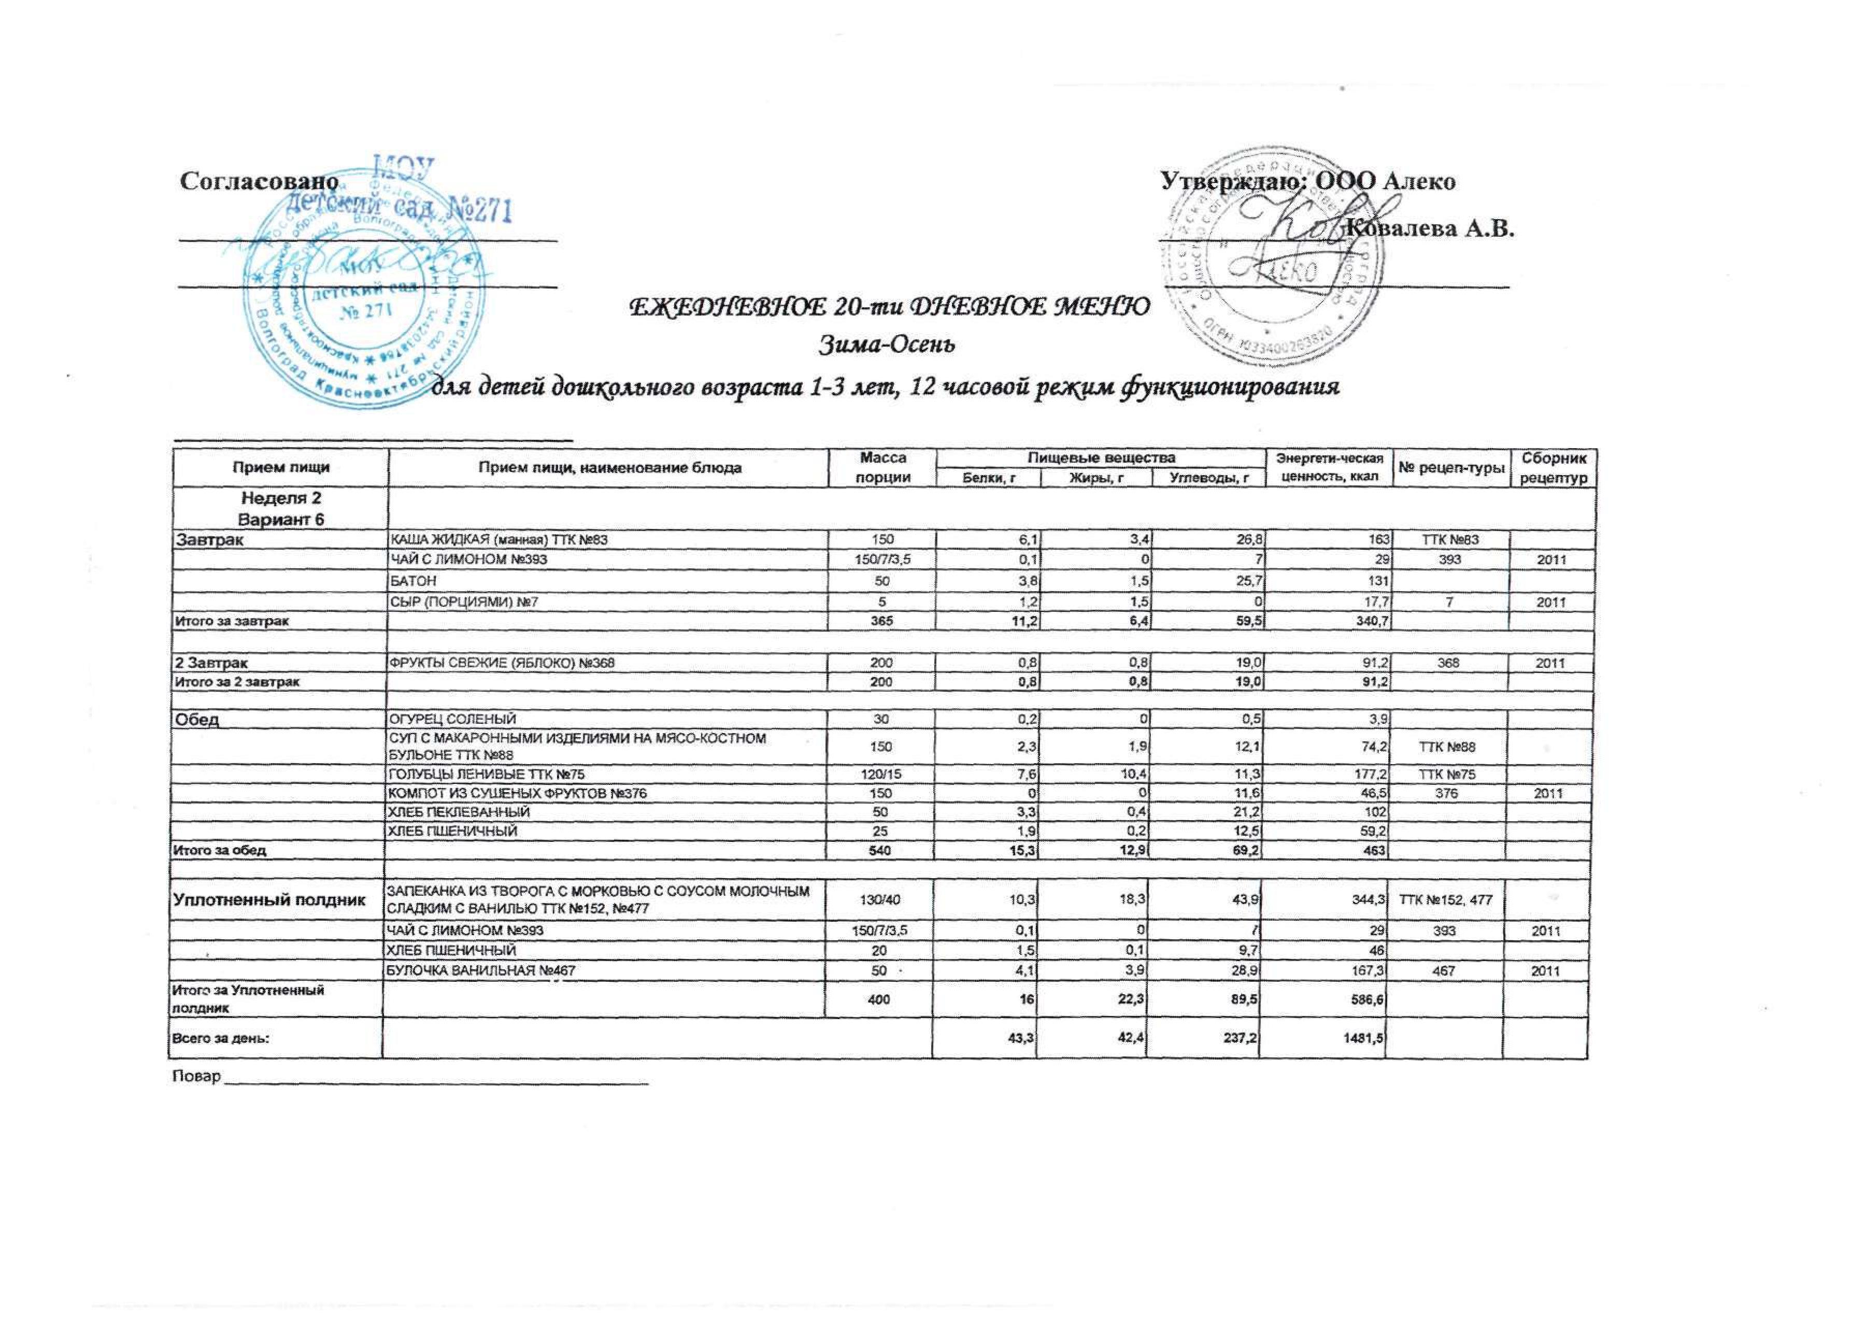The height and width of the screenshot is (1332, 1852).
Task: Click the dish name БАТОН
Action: coord(411,580)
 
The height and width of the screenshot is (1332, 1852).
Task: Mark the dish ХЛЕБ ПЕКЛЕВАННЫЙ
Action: coord(458,812)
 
